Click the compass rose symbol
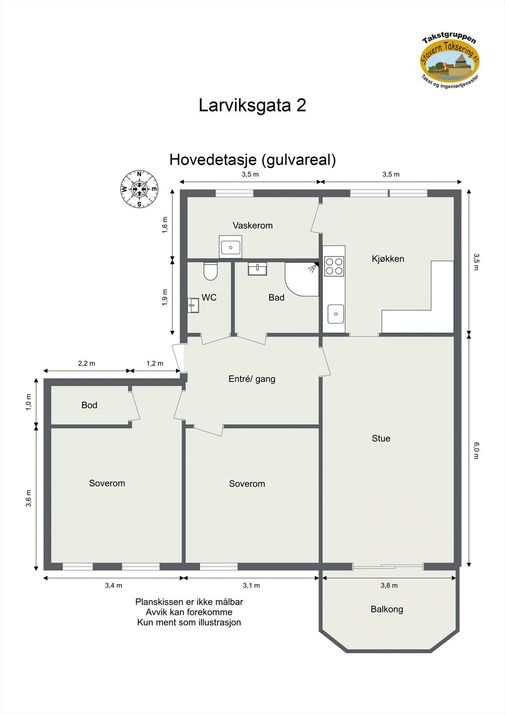pos(139,189)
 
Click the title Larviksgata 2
pos(252,105)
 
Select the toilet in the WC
pos(210,271)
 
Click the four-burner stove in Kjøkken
pos(334,266)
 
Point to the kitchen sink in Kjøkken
pos(335,314)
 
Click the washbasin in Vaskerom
pos(230,247)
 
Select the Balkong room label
pos(387,609)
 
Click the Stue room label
pos(381,438)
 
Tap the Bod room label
pos(89,405)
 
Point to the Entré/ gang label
pos(252,379)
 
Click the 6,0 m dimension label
pos(476,450)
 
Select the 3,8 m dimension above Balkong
pos(389,585)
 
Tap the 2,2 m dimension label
pos(87,363)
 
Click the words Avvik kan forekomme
pos(189,612)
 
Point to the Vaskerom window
pos(234,193)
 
